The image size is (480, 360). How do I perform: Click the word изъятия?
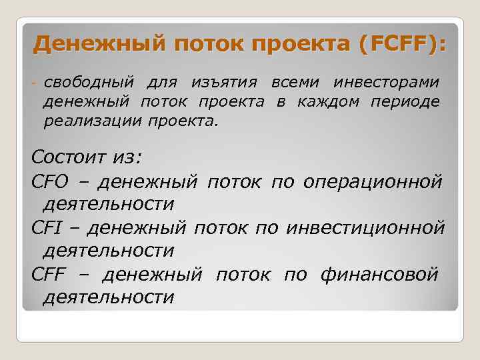223,83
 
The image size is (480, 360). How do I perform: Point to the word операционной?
373,181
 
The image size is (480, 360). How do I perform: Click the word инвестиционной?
365,228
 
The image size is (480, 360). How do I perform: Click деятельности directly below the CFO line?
108,203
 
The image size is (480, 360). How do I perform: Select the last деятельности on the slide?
108,297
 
